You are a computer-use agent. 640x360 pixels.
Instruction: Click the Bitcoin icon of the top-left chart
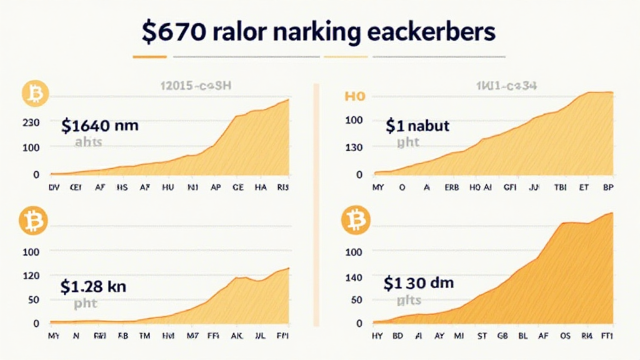tap(35, 93)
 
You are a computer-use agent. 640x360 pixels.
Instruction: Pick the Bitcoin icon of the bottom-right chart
tap(356, 221)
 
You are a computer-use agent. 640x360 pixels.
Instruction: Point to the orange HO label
tap(354, 97)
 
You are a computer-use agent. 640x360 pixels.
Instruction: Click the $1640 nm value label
tap(100, 126)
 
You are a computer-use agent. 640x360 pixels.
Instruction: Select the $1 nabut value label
tap(417, 126)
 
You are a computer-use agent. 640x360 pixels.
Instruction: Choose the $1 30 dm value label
tap(419, 283)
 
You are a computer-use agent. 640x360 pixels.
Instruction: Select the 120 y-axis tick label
tap(31, 276)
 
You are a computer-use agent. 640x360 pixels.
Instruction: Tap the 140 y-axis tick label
tap(354, 276)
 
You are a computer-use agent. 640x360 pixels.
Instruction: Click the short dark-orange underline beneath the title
tap(150, 57)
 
